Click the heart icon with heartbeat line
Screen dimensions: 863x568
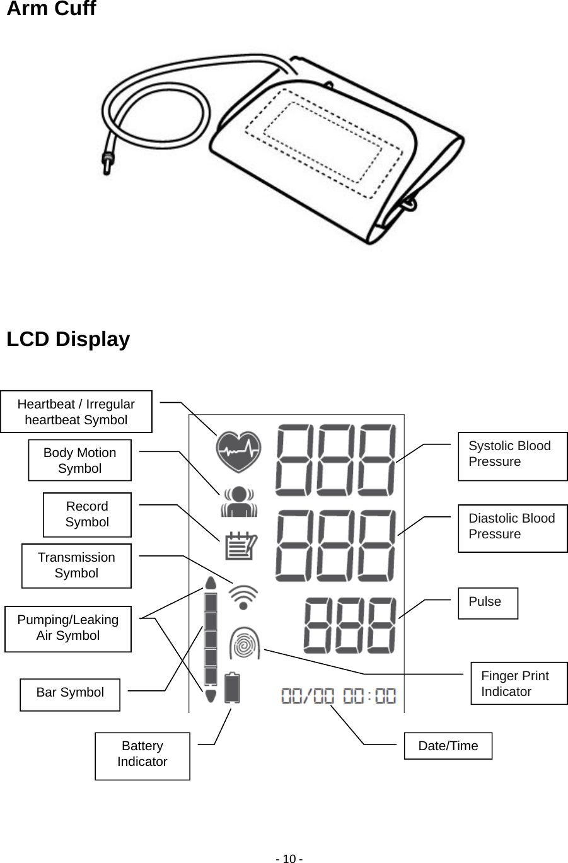238,451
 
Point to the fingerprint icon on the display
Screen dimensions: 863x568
245,644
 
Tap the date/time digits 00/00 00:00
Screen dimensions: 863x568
339,697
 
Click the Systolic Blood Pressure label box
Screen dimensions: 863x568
512,456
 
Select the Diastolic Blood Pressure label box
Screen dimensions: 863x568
512,528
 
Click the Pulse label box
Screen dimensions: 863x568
487,603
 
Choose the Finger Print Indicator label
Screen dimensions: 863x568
519,683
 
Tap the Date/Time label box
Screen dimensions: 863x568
448,746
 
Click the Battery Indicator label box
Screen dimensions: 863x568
142,755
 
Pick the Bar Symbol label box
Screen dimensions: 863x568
70,693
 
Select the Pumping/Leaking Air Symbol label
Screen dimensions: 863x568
68,628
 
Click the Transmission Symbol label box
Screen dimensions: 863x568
76,565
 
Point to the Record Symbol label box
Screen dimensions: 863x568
87,514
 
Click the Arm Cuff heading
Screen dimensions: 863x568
51,9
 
